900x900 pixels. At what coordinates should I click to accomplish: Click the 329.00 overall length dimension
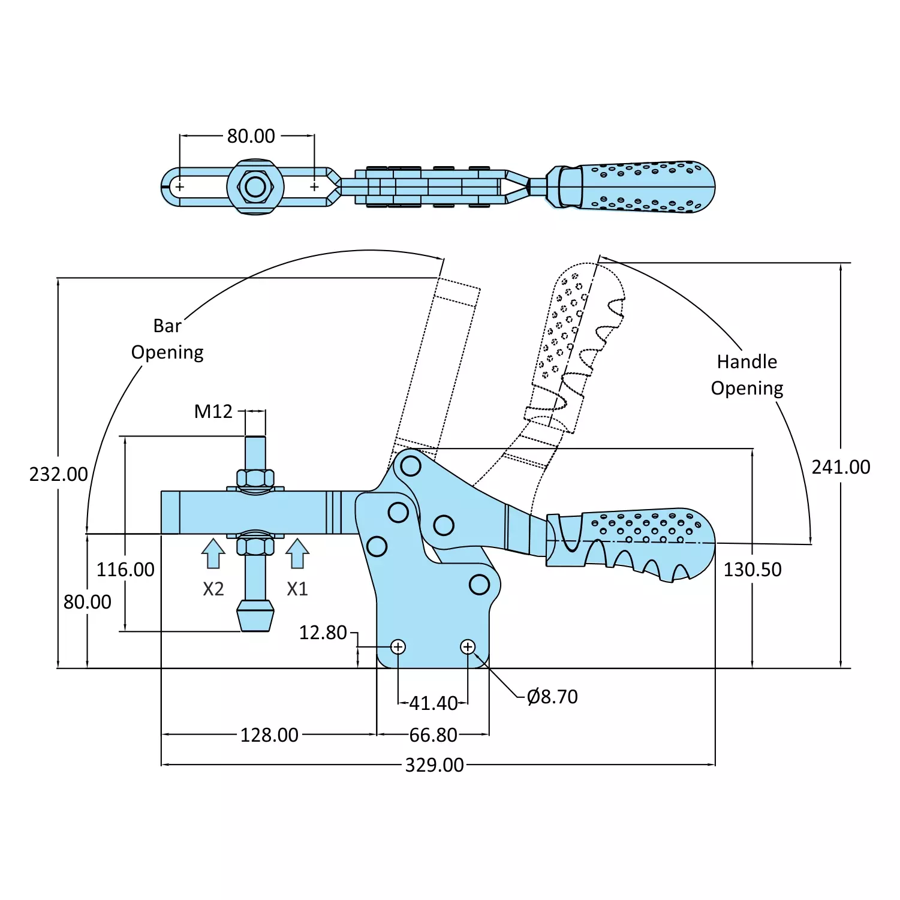tap(434, 765)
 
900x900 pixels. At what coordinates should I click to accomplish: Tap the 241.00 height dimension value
tap(841, 467)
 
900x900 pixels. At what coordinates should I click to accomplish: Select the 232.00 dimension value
tap(59, 474)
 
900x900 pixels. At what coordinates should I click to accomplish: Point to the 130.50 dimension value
tap(752, 570)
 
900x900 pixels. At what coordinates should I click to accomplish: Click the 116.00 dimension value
tap(125, 570)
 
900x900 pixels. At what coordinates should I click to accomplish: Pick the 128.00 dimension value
tap(269, 735)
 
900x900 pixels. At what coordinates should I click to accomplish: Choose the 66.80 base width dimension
tap(433, 735)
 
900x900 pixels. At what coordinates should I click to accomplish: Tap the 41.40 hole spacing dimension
tap(433, 703)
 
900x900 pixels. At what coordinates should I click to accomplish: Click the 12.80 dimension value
tap(323, 633)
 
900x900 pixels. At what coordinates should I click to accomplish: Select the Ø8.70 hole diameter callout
tap(552, 697)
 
